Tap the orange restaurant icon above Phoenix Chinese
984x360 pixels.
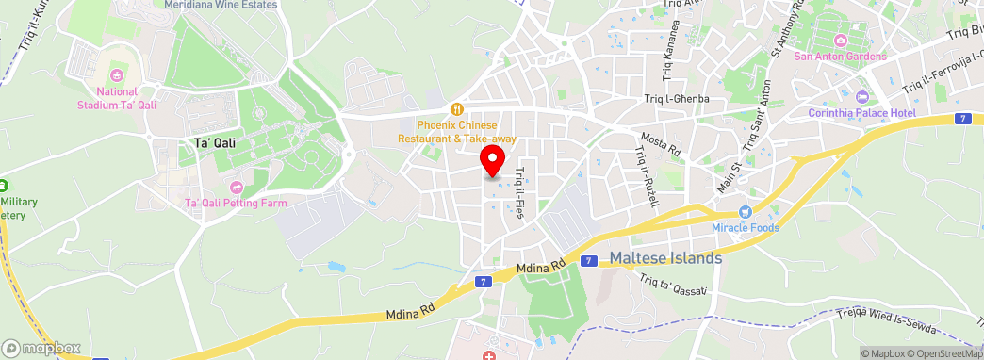click(457, 107)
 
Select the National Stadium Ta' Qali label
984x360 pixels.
click(117, 98)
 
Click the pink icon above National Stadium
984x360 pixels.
click(117, 75)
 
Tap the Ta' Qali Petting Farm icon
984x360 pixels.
click(236, 187)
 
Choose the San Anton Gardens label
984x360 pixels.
click(841, 57)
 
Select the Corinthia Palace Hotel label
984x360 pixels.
click(861, 113)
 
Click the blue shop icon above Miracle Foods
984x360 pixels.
click(745, 213)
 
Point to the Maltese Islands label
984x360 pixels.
click(665, 257)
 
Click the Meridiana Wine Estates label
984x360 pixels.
click(221, 5)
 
